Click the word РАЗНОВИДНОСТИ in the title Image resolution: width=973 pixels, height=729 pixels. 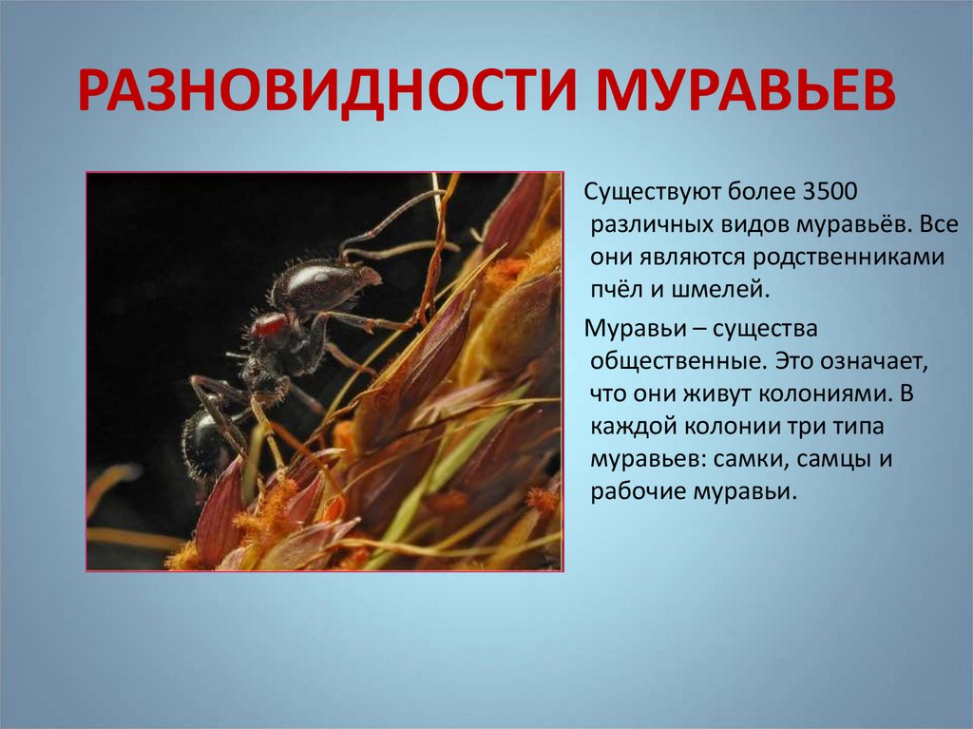[327, 90]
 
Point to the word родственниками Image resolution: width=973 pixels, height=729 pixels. [849, 258]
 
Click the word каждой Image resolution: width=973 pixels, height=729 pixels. [632, 427]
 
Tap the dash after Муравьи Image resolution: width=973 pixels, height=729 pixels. [699, 330]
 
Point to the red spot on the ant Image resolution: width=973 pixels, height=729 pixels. [269, 325]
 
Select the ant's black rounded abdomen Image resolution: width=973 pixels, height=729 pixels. [203, 442]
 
